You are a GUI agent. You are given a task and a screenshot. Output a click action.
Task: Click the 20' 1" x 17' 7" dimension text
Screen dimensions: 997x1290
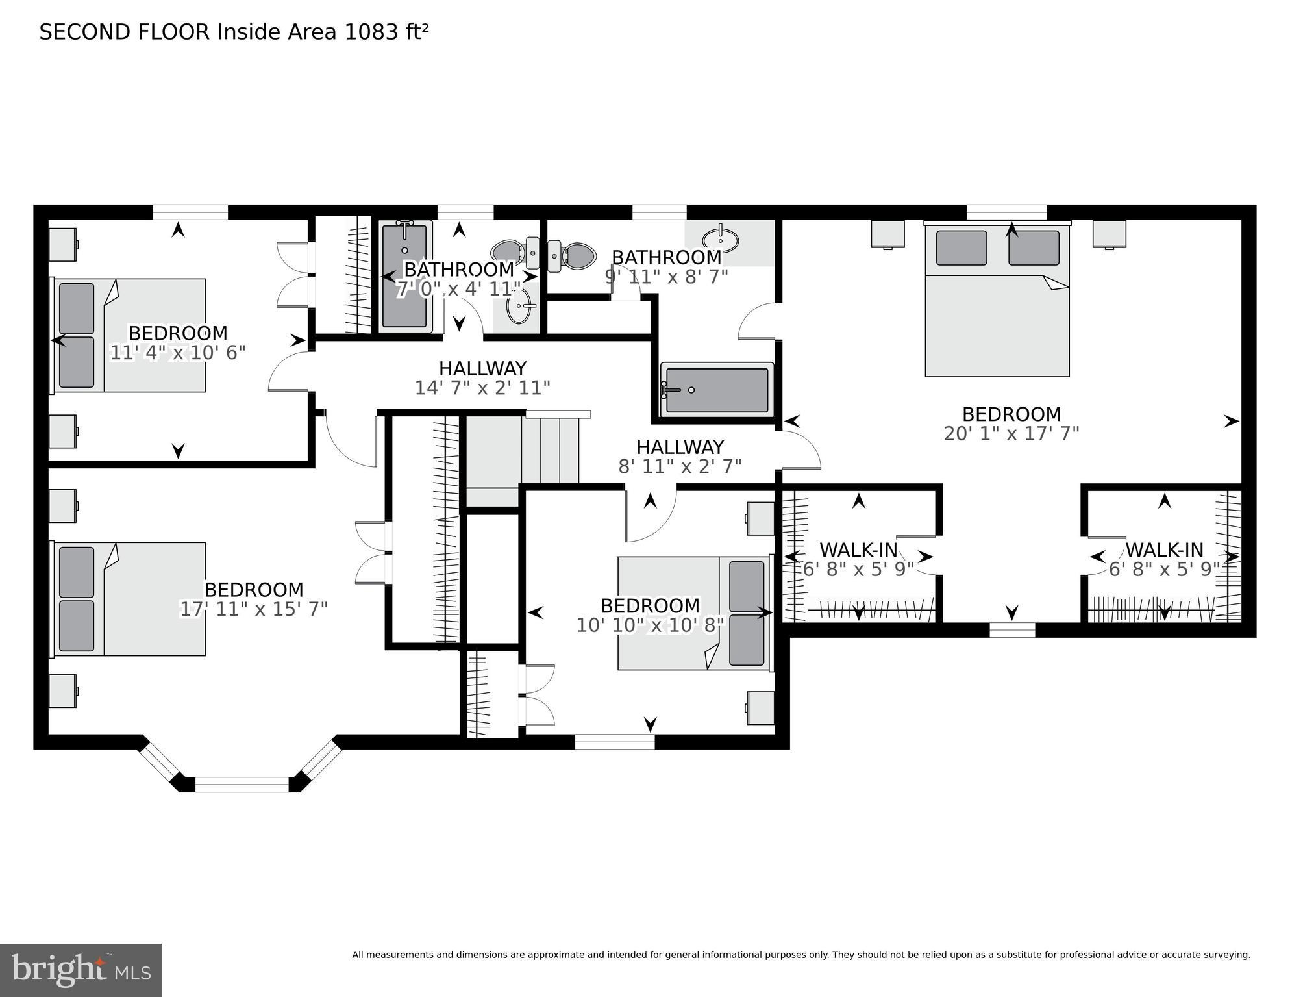(1011, 434)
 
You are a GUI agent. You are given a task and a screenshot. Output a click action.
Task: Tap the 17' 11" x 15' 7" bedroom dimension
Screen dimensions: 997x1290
(253, 609)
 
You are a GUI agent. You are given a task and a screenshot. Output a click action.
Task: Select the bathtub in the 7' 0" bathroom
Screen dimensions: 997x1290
(404, 277)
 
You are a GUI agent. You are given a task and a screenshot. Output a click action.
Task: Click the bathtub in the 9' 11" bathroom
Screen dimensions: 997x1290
(717, 390)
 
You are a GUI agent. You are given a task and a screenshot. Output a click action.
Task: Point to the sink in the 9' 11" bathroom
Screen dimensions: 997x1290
(721, 240)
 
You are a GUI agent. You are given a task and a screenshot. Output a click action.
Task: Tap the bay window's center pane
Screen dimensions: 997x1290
(242, 784)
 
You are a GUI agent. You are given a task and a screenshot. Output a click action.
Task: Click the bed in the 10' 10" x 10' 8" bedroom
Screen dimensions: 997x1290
(693, 613)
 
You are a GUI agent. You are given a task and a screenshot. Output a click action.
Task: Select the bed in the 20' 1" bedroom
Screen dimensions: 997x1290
(997, 302)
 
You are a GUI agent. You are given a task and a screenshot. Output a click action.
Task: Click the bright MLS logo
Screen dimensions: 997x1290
(81, 970)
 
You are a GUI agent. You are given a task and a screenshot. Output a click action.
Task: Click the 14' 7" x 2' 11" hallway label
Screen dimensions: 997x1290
(482, 388)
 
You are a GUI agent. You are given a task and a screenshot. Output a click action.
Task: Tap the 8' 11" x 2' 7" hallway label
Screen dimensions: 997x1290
(680, 466)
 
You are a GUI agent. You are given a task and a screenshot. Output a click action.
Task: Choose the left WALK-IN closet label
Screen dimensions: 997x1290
(858, 550)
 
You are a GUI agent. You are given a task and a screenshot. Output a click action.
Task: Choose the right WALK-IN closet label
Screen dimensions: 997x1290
(1164, 550)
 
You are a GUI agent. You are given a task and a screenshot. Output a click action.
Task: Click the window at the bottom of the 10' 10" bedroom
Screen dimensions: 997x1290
(614, 741)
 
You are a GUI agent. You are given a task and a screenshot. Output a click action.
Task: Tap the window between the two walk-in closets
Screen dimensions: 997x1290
(1011, 629)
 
